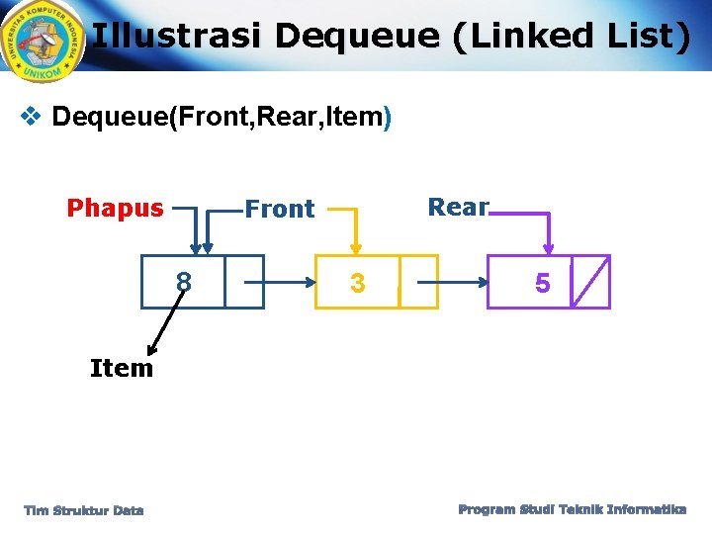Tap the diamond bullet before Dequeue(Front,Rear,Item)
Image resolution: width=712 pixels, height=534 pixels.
31,117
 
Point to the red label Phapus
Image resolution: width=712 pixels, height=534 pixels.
115,208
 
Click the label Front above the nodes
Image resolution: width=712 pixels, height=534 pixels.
279,209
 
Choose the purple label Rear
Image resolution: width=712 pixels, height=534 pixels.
458,207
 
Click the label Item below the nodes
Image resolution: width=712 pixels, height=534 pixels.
122,368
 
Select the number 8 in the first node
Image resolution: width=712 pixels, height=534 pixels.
183,283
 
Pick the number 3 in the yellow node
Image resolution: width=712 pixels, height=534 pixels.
358,284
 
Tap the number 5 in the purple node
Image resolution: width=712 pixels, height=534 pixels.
542,284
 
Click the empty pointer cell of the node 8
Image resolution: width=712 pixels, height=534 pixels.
243,282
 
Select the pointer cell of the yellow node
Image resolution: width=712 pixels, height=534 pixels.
417,283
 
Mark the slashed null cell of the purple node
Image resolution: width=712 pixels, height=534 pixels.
590,283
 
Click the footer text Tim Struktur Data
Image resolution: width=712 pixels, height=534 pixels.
84,510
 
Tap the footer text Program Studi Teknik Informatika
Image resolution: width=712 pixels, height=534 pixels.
573,509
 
